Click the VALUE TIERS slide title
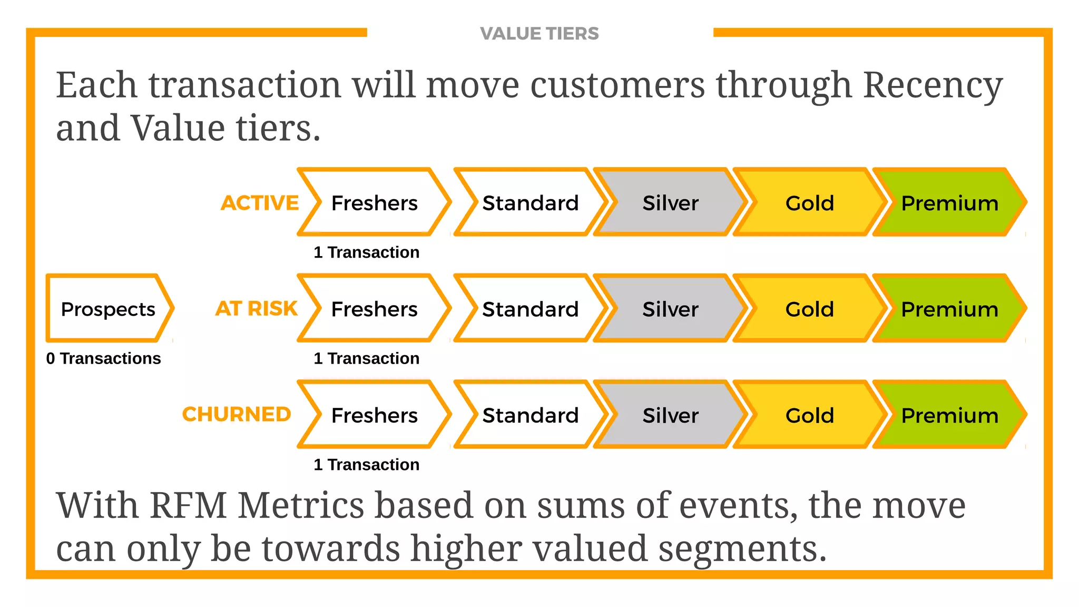point(539,34)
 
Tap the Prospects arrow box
point(109,309)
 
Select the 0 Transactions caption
point(103,358)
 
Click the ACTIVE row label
point(260,203)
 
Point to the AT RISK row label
point(257,309)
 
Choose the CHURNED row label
point(237,415)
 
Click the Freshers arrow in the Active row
point(374,203)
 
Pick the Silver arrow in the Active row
point(670,203)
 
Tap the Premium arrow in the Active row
point(949,203)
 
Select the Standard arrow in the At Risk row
point(530,309)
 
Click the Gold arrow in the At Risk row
point(810,309)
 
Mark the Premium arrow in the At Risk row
point(949,309)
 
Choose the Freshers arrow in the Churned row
point(374,415)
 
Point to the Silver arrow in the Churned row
point(670,415)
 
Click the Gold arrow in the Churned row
point(810,415)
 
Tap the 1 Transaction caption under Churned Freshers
point(367,465)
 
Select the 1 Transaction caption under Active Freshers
point(367,252)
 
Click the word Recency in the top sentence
point(933,85)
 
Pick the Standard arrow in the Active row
point(530,203)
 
